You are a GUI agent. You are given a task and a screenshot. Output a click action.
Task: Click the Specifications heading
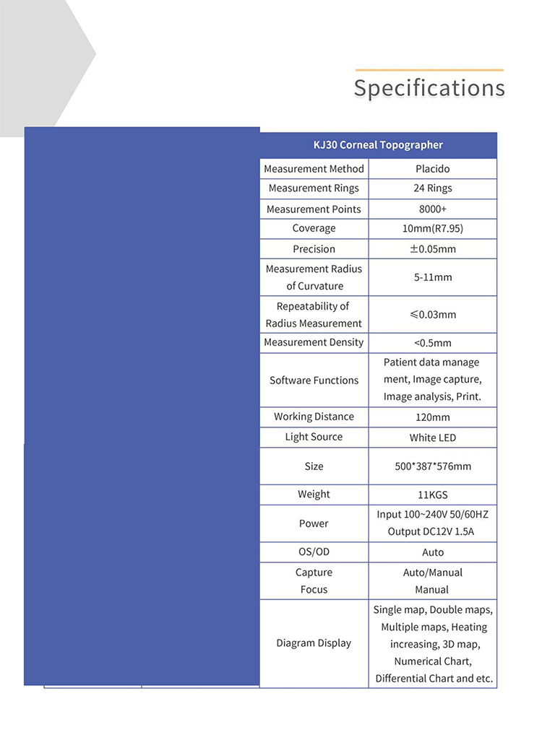click(429, 88)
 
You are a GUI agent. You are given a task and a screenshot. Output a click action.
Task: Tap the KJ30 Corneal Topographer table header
click(378, 145)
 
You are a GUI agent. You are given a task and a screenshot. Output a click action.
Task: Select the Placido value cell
click(432, 169)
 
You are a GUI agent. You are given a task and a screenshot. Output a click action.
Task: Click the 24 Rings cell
click(432, 188)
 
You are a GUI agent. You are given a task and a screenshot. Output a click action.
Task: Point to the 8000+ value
click(432, 209)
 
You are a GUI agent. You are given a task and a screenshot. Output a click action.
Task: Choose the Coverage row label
click(314, 229)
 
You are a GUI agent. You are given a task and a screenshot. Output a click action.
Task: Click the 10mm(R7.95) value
click(432, 229)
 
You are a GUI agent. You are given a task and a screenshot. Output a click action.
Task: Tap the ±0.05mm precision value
click(432, 249)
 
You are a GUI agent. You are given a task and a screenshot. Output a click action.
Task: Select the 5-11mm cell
click(432, 277)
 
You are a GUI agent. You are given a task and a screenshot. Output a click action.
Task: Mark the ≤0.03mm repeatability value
click(432, 315)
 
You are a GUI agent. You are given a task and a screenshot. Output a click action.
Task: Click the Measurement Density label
click(314, 342)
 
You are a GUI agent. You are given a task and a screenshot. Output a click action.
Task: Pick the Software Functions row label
click(314, 380)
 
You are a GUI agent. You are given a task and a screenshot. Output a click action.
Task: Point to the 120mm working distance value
click(432, 417)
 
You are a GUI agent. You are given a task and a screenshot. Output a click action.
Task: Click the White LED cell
click(432, 438)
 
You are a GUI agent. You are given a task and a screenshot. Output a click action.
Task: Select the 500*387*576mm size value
click(432, 466)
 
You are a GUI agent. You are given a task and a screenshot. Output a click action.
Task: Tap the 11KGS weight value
click(432, 495)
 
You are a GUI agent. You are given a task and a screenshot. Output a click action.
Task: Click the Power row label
click(314, 523)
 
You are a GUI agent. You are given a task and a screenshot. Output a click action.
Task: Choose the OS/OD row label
click(314, 552)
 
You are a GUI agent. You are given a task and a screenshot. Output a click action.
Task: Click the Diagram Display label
click(314, 643)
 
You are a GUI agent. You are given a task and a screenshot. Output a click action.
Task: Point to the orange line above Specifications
click(429, 70)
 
